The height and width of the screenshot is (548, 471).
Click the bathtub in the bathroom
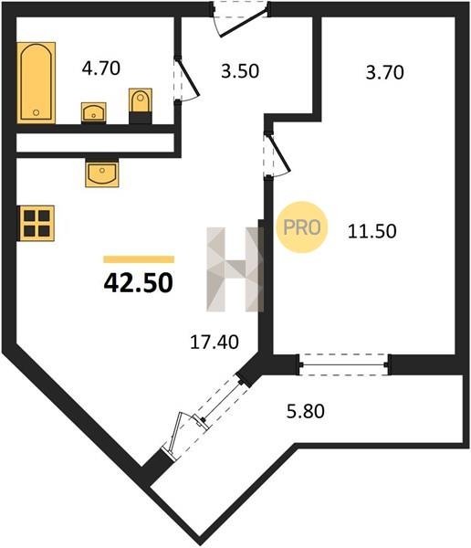pos(36,83)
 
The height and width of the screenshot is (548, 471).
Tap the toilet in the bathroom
pos(141,106)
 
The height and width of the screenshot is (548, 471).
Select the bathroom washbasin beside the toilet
pos(93,112)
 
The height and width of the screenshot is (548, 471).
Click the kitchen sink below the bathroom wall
pos(102,173)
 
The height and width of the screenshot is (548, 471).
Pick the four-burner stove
pos(37,224)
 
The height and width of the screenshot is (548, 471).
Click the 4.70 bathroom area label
pos(101,68)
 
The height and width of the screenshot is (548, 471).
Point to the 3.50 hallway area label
pos(240,70)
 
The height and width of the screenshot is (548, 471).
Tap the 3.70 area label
pos(384,73)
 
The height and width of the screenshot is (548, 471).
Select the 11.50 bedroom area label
pos(372,231)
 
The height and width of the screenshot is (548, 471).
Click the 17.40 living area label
pos(215,342)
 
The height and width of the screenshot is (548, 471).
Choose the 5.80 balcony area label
pos(306,411)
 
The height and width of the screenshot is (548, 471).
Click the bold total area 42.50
pos(139,283)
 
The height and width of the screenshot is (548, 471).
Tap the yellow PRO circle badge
pos(302,227)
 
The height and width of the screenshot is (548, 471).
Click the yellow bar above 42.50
pos(139,259)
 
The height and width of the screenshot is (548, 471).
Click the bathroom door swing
pos(186,79)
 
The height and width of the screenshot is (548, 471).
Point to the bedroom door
pos(277,154)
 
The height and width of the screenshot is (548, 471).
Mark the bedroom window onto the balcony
pos(344,364)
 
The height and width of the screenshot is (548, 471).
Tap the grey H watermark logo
pos(235,269)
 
